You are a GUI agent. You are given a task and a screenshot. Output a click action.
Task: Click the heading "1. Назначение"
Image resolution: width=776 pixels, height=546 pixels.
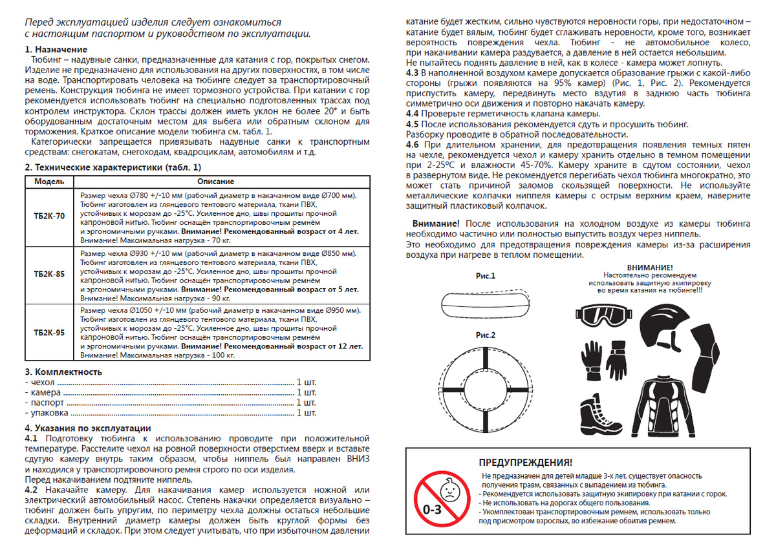[x=56, y=50]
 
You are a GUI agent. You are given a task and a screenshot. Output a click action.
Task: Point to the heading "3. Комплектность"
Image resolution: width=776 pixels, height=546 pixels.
[x=63, y=372]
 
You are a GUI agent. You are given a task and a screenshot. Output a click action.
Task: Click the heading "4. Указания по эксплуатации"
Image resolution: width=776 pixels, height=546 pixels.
[x=87, y=428]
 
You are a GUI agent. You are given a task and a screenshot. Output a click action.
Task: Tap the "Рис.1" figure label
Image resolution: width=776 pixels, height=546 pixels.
[x=485, y=277]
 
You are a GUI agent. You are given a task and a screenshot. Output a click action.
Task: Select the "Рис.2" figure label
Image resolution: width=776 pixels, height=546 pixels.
[x=485, y=335]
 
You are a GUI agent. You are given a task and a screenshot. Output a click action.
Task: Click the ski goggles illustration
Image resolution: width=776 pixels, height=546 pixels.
[x=601, y=314]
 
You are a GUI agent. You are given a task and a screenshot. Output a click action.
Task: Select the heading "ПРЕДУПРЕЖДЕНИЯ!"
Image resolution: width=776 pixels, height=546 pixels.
[x=524, y=463]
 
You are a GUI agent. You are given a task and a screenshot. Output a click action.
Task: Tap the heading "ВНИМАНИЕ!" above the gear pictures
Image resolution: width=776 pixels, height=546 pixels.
[x=649, y=267]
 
